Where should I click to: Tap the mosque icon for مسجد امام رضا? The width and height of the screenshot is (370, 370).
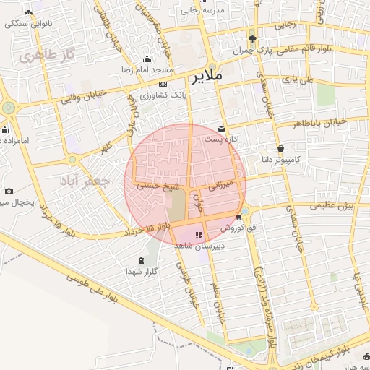(x=147, y=59)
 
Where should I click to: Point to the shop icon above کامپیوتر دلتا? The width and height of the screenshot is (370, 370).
(x=279, y=148)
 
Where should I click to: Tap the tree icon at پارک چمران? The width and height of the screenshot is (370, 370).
(x=251, y=39)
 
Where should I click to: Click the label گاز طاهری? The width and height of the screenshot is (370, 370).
(x=49, y=55)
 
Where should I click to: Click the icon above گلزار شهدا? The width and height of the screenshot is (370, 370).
(x=140, y=260)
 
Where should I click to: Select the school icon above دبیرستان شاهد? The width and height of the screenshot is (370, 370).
(x=199, y=233)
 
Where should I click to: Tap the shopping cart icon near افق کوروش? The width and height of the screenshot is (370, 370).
(x=238, y=217)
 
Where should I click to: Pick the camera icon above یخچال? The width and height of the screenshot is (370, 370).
(x=9, y=191)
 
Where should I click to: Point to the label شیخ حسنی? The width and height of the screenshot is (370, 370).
(x=158, y=185)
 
